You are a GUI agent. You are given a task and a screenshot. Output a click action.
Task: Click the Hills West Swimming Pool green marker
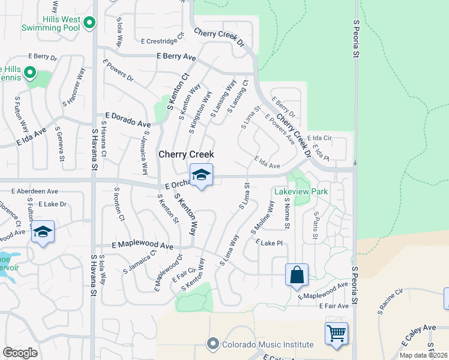coord(89,23)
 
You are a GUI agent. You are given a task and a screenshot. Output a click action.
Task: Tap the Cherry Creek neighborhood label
coord(186,155)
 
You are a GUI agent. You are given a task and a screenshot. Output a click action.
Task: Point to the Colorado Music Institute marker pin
coord(212,344)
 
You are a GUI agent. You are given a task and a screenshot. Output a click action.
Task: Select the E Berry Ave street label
coord(176,56)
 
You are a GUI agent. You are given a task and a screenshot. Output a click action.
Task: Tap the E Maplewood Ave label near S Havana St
coord(142,246)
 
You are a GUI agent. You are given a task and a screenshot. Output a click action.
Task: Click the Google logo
coord(20,353)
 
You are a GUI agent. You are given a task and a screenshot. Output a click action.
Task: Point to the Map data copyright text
coord(424,355)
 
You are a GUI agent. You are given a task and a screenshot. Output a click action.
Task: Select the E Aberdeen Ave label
coord(35,191)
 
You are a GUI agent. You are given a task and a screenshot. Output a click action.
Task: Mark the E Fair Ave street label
coord(332,306)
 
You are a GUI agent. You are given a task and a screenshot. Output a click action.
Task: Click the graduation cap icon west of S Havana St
coord(43,231)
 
